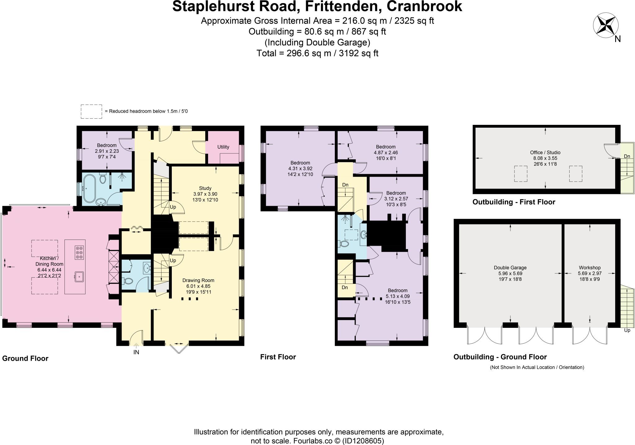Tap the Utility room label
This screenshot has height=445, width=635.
[x=223, y=147]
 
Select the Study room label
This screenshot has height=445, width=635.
[x=205, y=188]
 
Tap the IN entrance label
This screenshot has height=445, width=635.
[x=136, y=352]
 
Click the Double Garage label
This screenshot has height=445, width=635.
[x=510, y=268]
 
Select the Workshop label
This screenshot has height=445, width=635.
[x=590, y=268]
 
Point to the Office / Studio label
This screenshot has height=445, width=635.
[x=545, y=152]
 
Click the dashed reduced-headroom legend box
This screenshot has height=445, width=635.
[x=91, y=111]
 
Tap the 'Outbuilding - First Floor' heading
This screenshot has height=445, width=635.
[x=514, y=202]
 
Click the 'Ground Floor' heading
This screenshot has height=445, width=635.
[x=25, y=359]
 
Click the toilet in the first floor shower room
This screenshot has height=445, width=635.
[x=344, y=244]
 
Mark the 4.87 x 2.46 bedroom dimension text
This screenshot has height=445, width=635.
[x=386, y=152]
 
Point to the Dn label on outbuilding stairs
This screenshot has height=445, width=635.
[x=627, y=156]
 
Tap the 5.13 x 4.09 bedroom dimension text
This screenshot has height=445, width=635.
[x=397, y=296]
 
